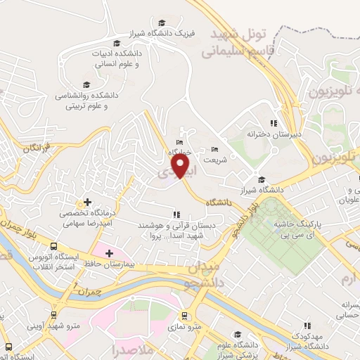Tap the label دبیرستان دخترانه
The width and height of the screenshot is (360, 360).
point(272,133)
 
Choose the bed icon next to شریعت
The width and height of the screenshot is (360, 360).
point(214,149)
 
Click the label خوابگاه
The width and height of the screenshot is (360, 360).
point(181,151)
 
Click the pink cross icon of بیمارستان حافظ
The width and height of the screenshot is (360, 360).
point(109,252)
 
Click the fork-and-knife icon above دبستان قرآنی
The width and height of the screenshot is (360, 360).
point(175,214)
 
